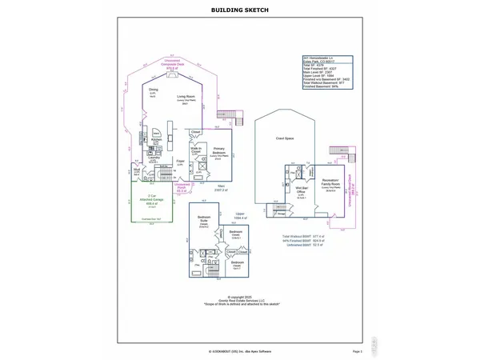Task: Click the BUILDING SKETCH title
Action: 239,10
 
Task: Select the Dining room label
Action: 153,90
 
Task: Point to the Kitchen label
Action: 157,139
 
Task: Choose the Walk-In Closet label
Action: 195,150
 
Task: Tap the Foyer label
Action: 181,161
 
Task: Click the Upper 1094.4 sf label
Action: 239,215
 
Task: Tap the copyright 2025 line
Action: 240,297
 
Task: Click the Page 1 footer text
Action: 357,351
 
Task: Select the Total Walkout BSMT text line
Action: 301,237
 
